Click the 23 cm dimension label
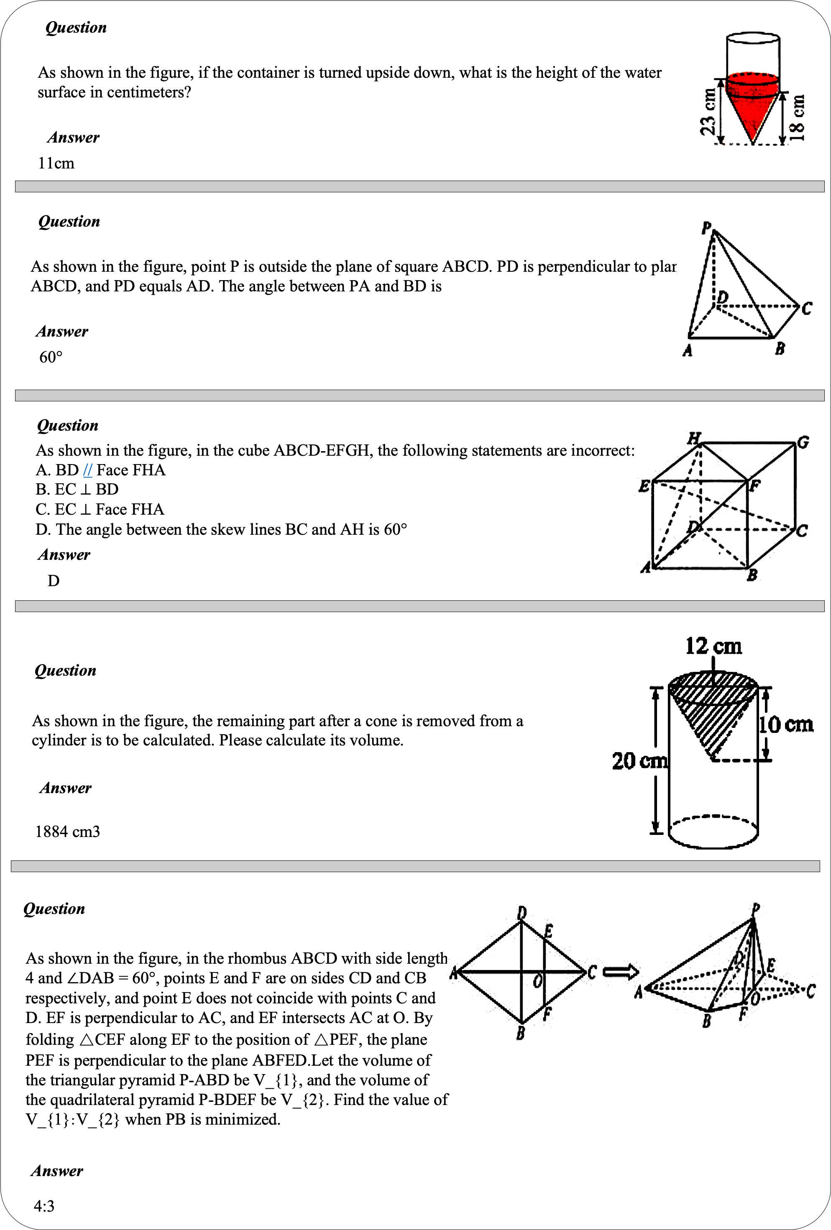tap(708, 112)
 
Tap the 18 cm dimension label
tap(797, 117)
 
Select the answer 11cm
tap(56, 163)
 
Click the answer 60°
tap(51, 357)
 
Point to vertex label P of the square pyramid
tap(706, 227)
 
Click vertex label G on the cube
tap(803, 442)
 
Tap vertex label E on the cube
tap(644, 485)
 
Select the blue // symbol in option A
tap(87, 470)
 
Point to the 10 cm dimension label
tap(786, 724)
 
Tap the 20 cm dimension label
tap(639, 760)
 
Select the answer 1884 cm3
tap(67, 832)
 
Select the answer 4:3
tap(44, 1206)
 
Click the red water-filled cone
tap(752, 109)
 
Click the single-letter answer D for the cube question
tap(54, 581)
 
